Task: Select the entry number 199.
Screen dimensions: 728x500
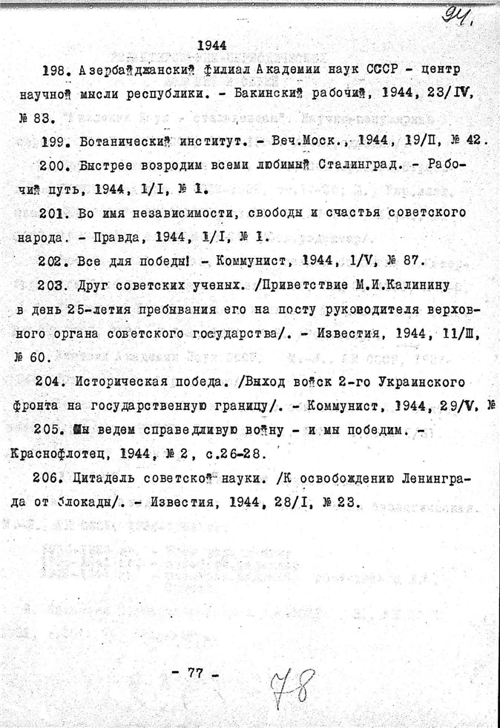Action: [x=55, y=141]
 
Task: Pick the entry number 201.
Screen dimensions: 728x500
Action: [x=55, y=213]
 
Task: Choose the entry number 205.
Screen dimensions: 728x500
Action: [x=55, y=429]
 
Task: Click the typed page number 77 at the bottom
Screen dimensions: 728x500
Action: [x=195, y=673]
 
